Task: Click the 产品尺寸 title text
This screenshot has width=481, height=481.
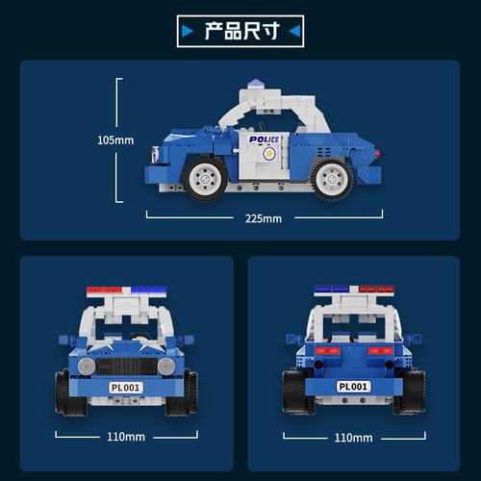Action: tap(242, 31)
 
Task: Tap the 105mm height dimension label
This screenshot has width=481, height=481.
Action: tap(115, 140)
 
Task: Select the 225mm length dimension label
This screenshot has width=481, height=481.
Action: tap(264, 218)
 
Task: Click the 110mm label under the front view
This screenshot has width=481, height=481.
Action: tap(126, 437)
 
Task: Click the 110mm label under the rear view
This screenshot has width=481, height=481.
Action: tap(353, 438)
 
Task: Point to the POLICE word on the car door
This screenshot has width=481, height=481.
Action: tap(265, 139)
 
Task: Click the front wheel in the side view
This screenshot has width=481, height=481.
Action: tap(205, 178)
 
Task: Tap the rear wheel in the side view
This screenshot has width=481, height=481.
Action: tap(333, 179)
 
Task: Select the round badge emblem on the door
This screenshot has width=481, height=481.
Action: tap(269, 154)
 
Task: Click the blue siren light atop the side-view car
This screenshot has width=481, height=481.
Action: tap(256, 84)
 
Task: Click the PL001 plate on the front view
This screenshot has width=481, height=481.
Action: tap(126, 388)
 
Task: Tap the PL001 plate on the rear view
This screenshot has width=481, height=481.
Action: tap(353, 387)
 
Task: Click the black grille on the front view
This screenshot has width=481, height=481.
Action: tap(127, 367)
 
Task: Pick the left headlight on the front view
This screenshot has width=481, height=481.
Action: tap(87, 366)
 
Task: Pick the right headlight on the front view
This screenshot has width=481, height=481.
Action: tap(166, 366)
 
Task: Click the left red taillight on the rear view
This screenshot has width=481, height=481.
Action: tap(328, 350)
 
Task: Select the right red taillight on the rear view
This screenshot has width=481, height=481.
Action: tap(380, 350)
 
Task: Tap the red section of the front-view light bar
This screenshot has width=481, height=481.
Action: tap(105, 290)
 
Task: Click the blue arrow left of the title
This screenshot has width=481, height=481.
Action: tap(188, 32)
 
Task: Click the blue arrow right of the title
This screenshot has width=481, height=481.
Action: tap(294, 32)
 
